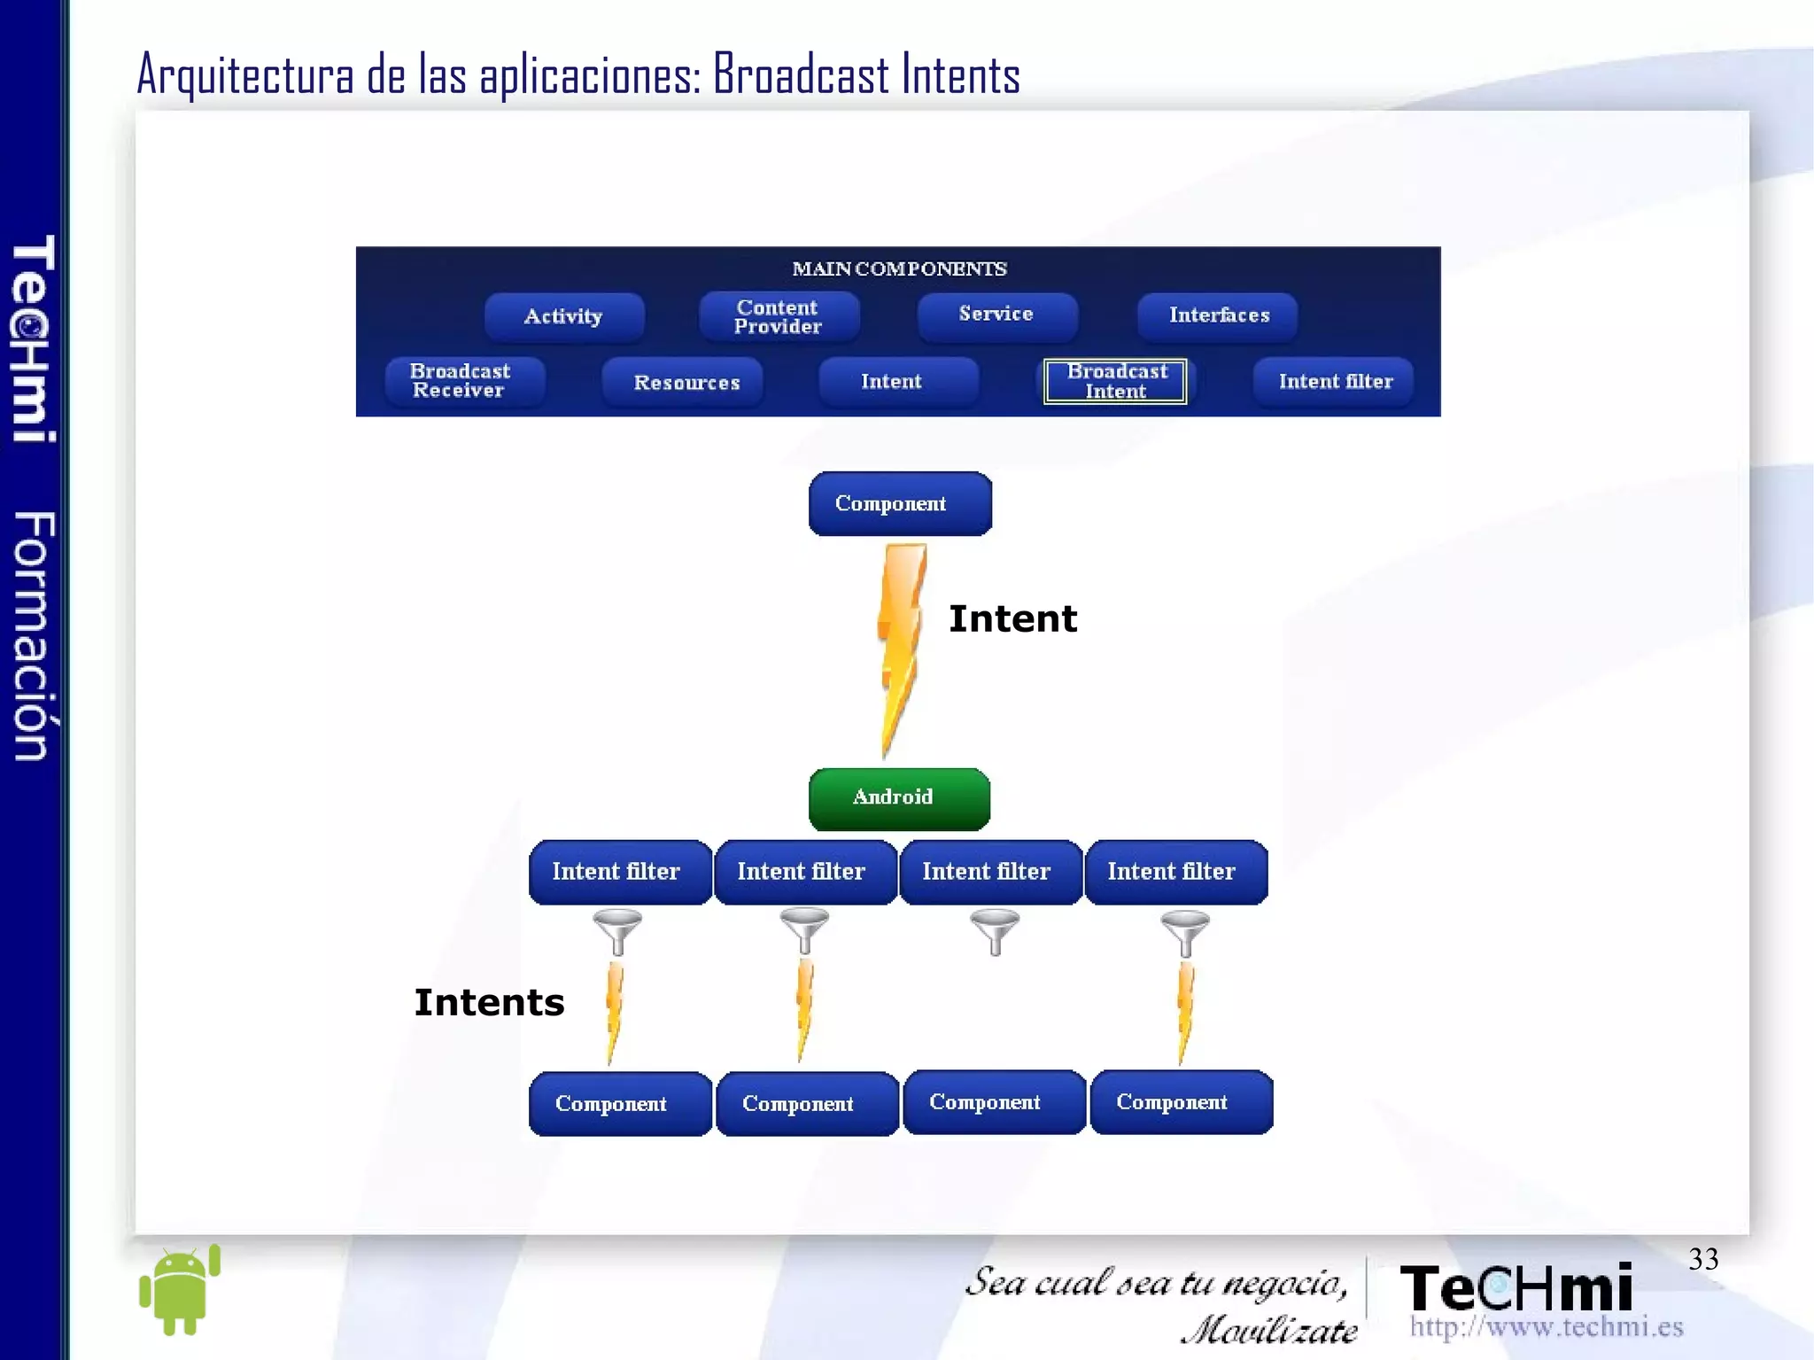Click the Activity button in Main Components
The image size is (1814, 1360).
(x=563, y=316)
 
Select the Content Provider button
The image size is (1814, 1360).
(x=778, y=316)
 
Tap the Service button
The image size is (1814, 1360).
(x=996, y=315)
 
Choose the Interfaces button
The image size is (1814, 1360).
(x=1218, y=315)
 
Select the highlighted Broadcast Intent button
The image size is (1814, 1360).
(x=1115, y=381)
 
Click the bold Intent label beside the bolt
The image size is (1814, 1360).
(x=1012, y=618)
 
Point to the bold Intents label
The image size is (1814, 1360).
(x=489, y=1002)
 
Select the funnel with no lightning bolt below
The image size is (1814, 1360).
(x=995, y=931)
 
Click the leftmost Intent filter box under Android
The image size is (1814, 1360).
(x=618, y=872)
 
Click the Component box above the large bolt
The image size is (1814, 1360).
(x=899, y=503)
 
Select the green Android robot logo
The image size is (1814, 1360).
(x=180, y=1289)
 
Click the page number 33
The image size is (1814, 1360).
(x=1702, y=1259)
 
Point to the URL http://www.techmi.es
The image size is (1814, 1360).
(x=1546, y=1326)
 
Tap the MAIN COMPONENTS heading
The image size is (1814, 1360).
(x=899, y=268)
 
